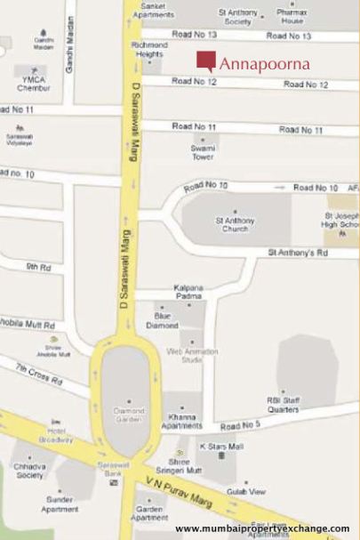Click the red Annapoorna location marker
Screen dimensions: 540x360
[x=205, y=61]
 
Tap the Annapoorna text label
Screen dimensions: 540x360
[x=264, y=64]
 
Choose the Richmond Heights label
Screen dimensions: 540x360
[x=148, y=49]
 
